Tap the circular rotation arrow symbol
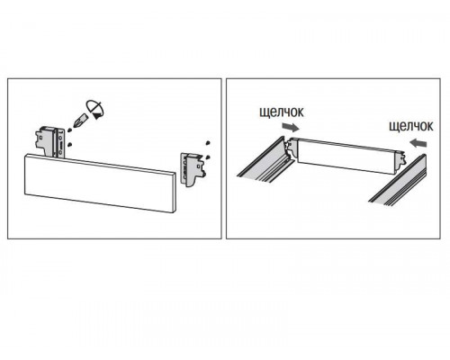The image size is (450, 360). click(96, 110)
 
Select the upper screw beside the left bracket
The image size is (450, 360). click(69, 130)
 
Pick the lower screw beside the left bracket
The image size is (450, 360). click(69, 145)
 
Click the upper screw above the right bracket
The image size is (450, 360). click(207, 142)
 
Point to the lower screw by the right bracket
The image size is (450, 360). click(208, 157)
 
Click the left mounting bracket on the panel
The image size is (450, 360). click(50, 142)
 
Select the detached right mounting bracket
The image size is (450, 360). click(193, 169)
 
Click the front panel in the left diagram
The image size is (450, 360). click(99, 184)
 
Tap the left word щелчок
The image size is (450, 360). click(282, 112)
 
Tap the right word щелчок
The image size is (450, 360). click(411, 126)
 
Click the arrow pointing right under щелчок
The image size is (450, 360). click(291, 128)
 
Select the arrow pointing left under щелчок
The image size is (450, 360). click(418, 142)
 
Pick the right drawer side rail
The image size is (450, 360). click(398, 181)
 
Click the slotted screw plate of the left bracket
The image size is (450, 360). click(61, 143)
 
